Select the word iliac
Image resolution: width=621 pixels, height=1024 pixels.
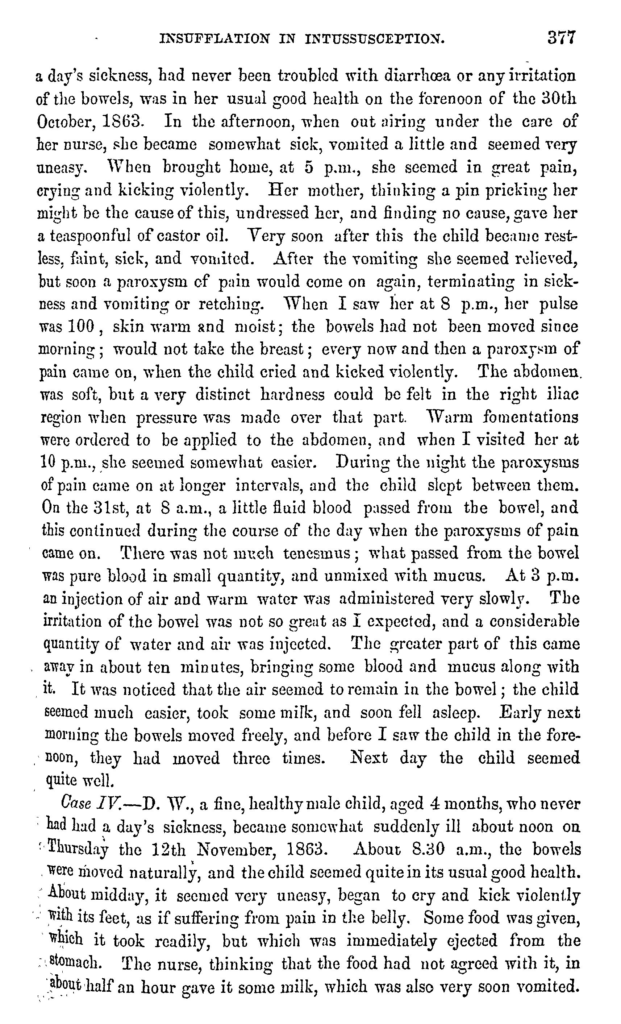point(564,394)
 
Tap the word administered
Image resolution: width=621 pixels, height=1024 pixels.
point(386,599)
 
